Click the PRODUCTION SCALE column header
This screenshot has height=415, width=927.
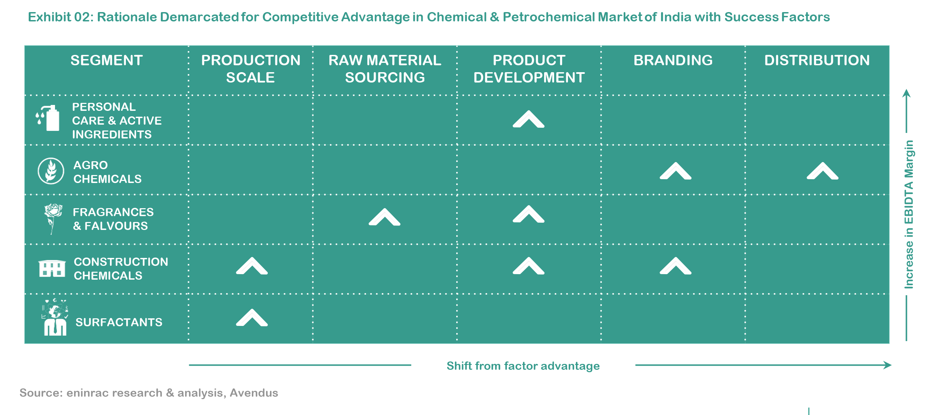pyautogui.click(x=250, y=69)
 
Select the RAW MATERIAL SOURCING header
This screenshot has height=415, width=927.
pyautogui.click(x=385, y=69)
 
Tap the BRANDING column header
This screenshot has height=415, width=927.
pyautogui.click(x=673, y=60)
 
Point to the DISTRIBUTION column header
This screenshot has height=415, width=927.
pyautogui.click(x=817, y=60)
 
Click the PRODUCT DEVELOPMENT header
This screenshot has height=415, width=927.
pyautogui.click(x=529, y=69)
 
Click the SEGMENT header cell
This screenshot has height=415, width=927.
pyautogui.click(x=107, y=60)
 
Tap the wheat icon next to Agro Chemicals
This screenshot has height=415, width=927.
pyautogui.click(x=51, y=171)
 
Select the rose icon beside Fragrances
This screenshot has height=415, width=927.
pyautogui.click(x=53, y=219)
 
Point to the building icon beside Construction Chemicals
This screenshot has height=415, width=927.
pyautogui.click(x=52, y=268)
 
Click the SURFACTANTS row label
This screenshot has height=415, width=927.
pyautogui.click(x=119, y=322)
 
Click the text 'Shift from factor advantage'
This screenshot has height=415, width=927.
pyautogui.click(x=523, y=366)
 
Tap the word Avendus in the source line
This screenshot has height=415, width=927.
pyautogui.click(x=254, y=393)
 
